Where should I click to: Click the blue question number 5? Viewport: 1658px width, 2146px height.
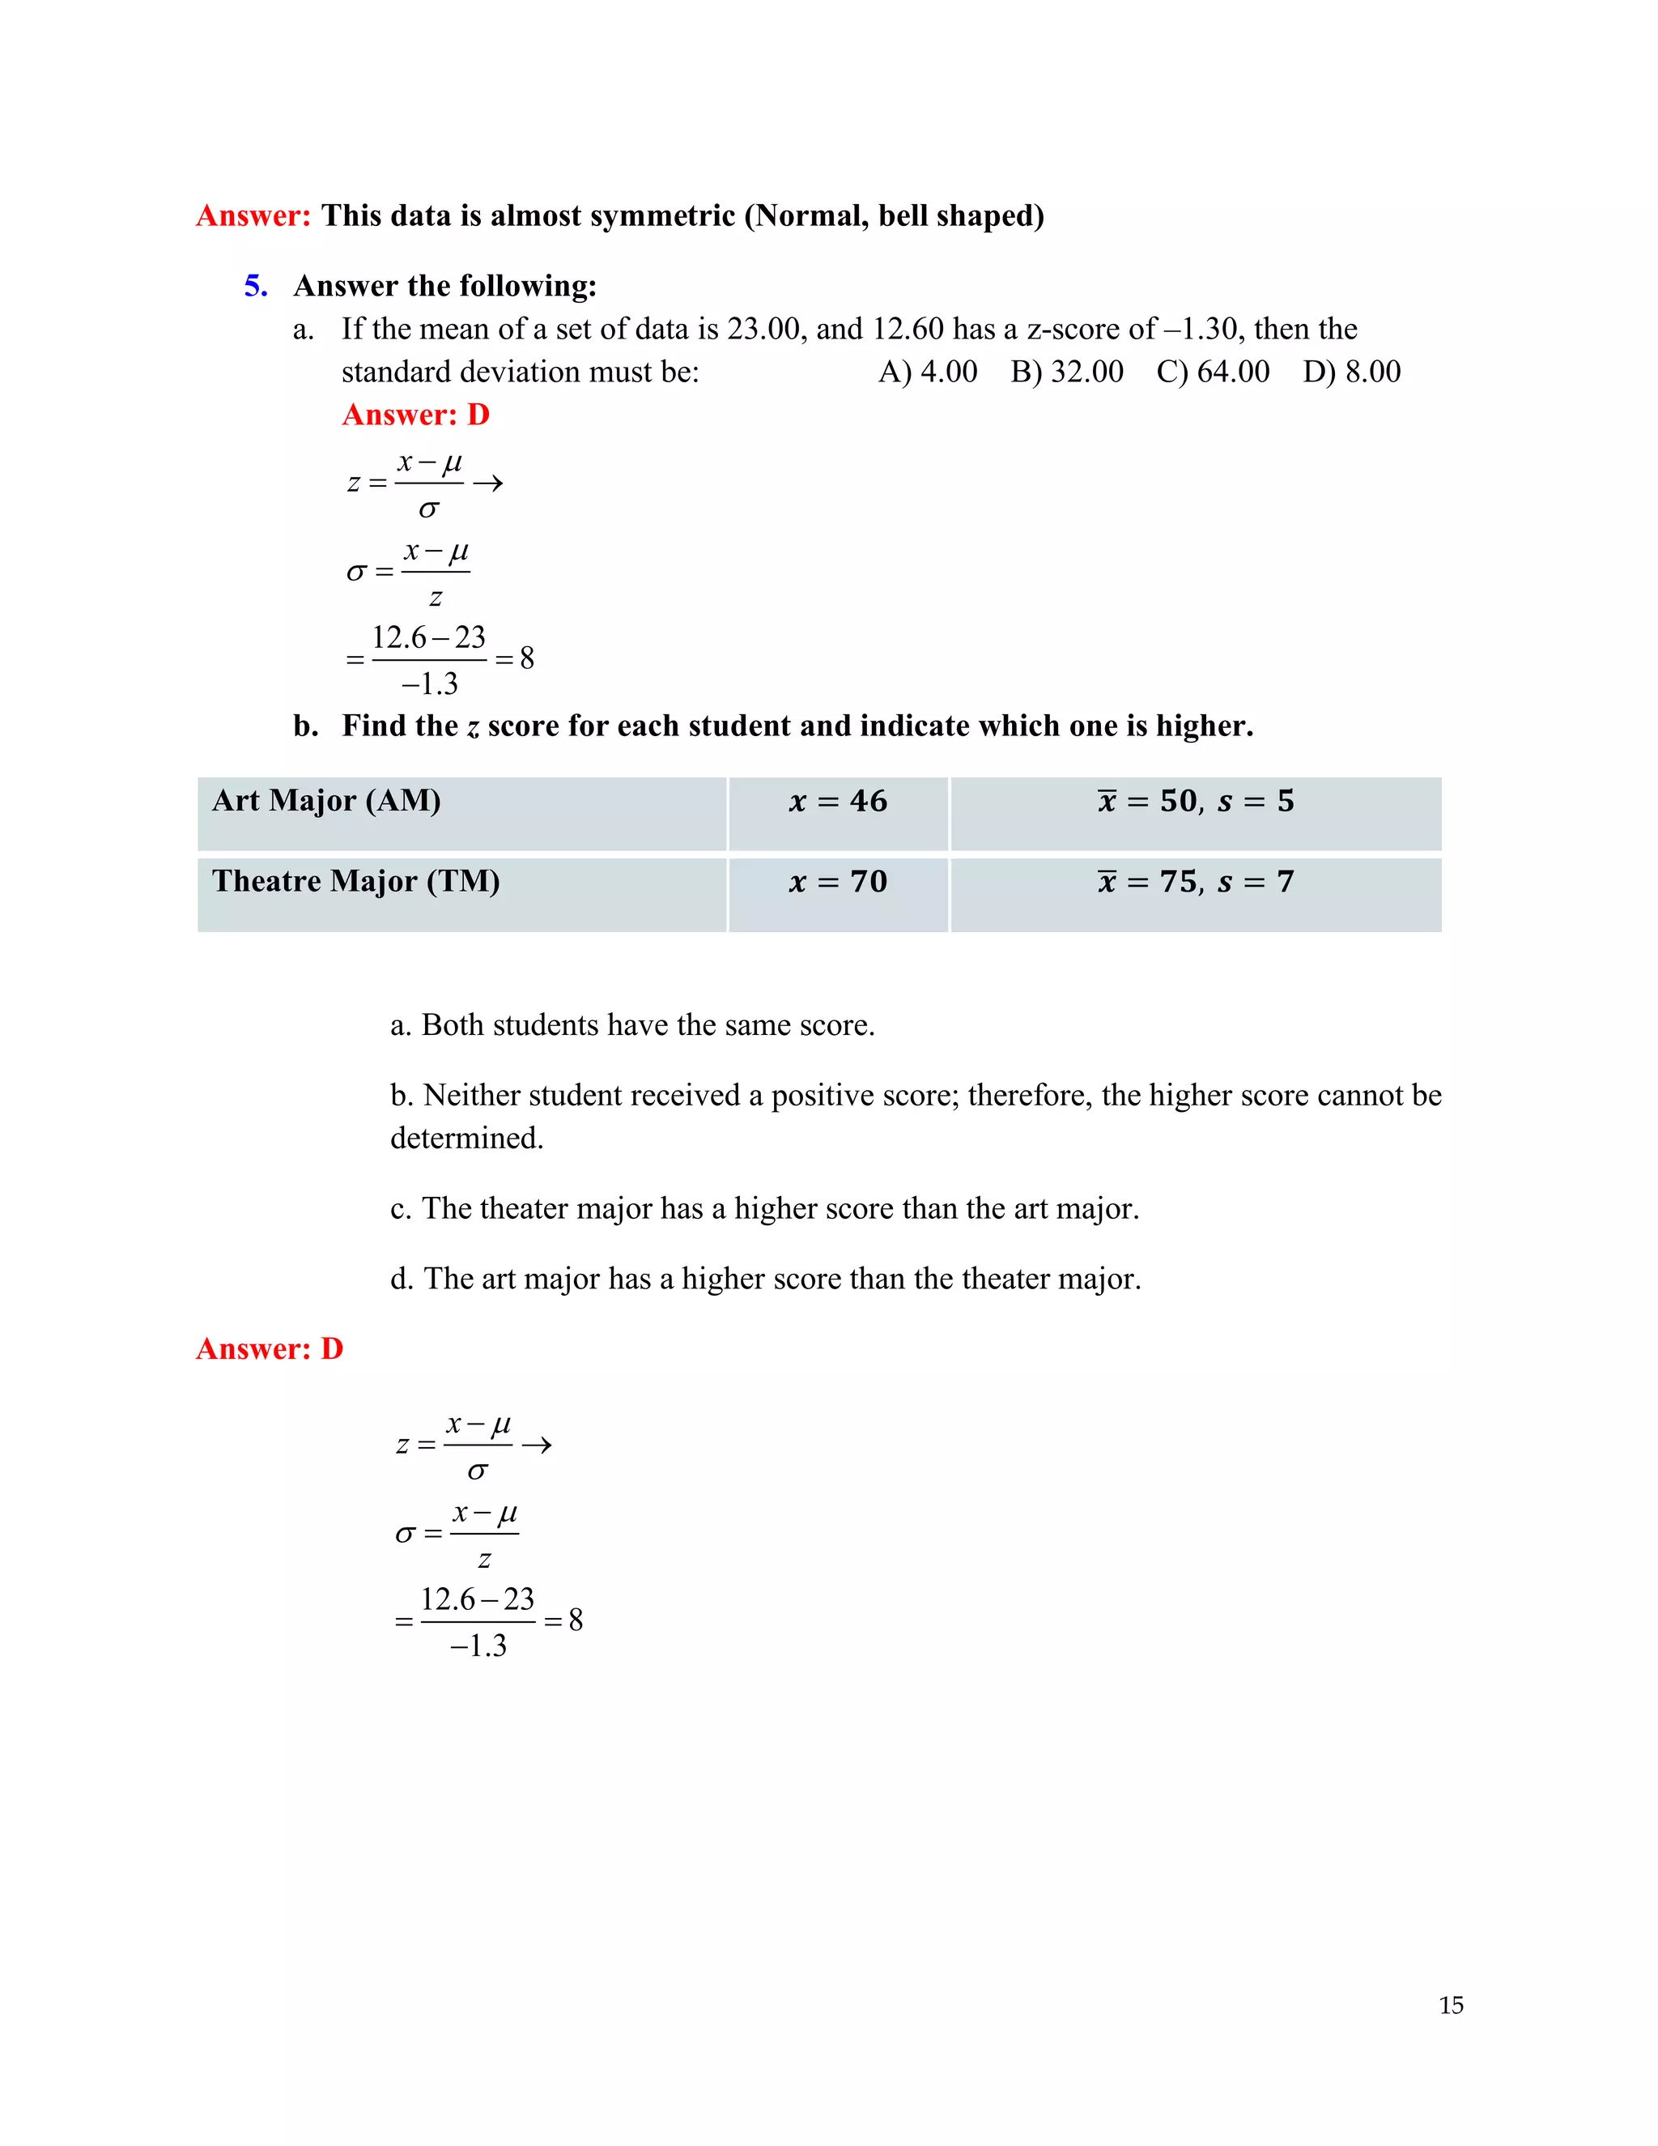point(255,286)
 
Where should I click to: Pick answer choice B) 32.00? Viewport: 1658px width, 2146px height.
point(1067,372)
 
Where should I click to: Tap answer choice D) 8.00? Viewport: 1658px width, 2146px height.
point(1351,372)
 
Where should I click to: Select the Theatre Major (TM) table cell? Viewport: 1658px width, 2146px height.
point(461,893)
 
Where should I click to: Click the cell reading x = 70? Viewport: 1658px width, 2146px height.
point(838,893)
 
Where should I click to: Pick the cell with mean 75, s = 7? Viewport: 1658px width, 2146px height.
point(1196,893)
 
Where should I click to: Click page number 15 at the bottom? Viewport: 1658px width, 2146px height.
point(1451,2005)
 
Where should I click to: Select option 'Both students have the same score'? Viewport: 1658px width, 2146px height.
point(631,1025)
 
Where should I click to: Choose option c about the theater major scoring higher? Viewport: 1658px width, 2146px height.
point(764,1207)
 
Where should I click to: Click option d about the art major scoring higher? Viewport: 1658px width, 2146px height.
point(765,1279)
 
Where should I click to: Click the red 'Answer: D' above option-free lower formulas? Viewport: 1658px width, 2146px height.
point(269,1348)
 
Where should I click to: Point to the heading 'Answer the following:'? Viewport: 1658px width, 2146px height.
point(445,286)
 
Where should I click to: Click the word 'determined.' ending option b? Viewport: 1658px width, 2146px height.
point(466,1138)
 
